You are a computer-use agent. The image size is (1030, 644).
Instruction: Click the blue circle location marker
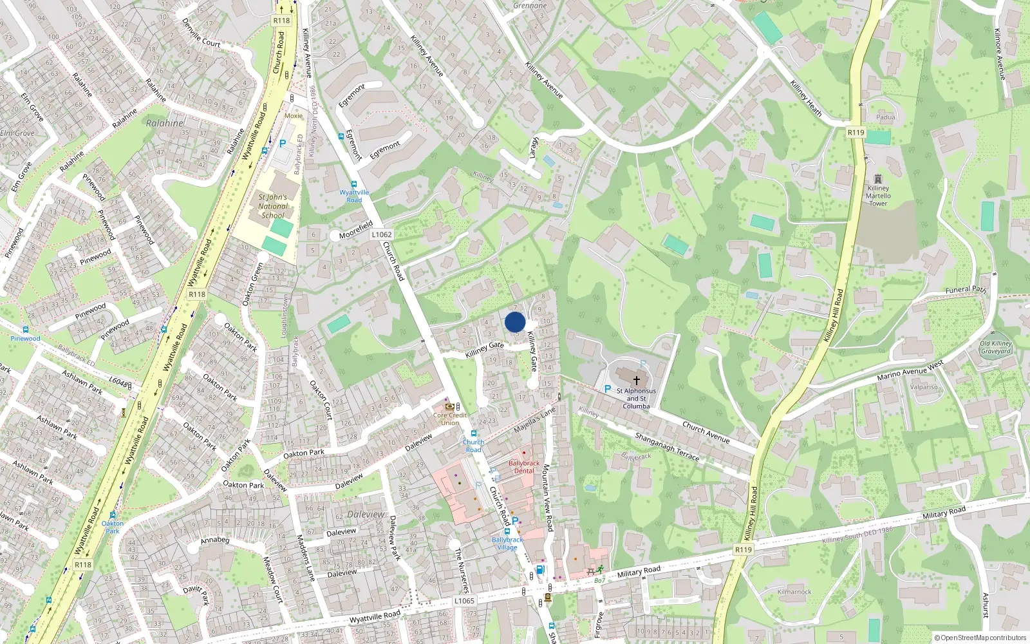coord(515,322)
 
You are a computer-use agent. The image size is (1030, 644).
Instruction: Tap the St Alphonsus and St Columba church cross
coord(636,381)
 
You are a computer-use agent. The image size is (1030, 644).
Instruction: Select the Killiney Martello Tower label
coord(878,196)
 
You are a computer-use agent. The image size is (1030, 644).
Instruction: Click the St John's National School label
coord(272,206)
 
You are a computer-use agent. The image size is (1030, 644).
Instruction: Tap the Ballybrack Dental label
coord(524,467)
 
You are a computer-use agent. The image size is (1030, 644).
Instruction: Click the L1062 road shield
coord(381,235)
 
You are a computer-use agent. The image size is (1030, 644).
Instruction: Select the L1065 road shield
coord(464,601)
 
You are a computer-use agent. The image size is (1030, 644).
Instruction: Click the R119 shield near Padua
coord(856,133)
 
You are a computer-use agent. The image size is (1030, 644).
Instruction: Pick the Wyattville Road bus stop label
coord(354,196)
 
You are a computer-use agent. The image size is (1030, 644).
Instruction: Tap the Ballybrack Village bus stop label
coord(507,544)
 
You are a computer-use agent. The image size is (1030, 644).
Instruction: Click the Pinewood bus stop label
coord(25,338)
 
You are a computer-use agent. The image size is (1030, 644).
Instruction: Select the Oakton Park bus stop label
coord(113,527)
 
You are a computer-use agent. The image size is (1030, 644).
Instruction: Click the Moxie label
coord(294,116)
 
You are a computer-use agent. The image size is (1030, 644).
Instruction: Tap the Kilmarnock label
coord(794,592)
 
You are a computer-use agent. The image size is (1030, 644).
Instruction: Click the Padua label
coord(885,117)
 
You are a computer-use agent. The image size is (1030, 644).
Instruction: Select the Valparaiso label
coord(924,387)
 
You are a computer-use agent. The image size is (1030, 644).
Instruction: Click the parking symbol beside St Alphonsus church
coord(607,389)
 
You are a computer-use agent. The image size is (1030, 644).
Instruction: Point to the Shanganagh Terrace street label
coord(667,446)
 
